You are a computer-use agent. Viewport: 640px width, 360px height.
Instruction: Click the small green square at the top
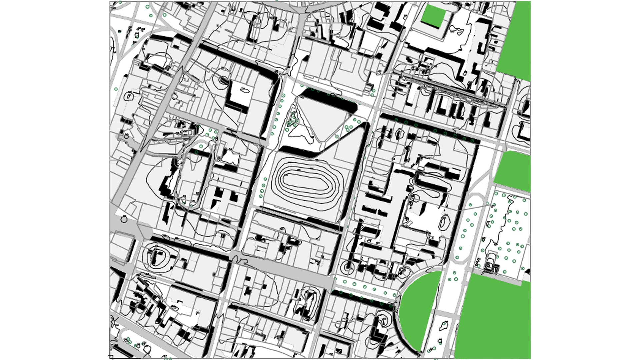coord(434,15)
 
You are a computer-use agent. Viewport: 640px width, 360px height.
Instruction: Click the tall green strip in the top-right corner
coord(515,37)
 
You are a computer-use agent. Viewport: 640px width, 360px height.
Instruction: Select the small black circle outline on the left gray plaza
coord(124,219)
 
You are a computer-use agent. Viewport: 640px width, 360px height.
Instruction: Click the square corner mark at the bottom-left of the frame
coord(111,357)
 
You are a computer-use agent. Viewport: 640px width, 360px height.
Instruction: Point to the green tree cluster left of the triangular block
coord(292,120)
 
